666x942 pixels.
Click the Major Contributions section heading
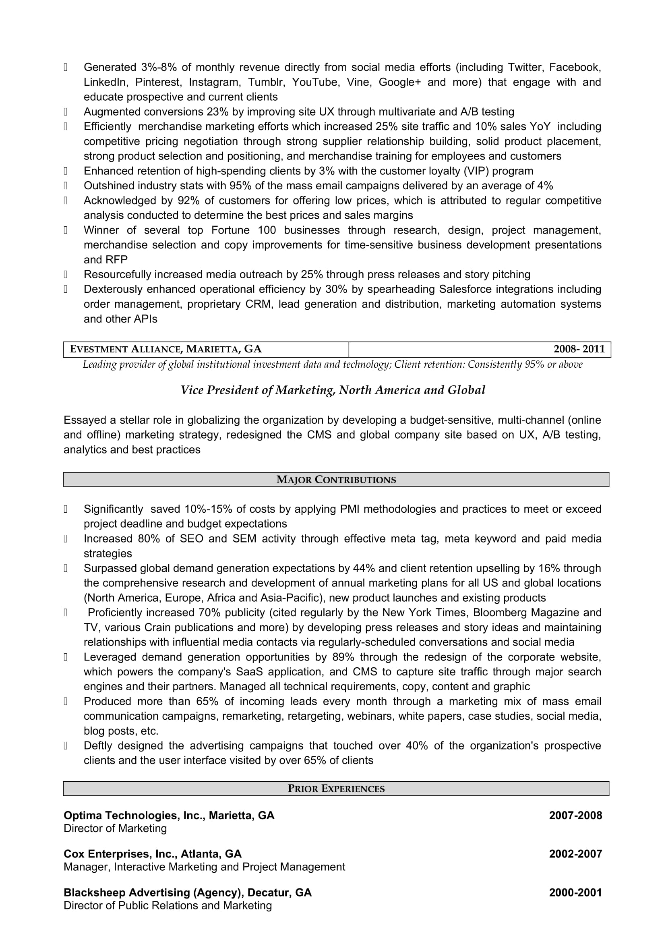pyautogui.click(x=336, y=480)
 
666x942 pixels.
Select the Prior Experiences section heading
pyautogui.click(x=336, y=789)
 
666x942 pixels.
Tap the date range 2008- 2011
pyautogui.click(x=579, y=349)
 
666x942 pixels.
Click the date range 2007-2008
pyautogui.click(x=575, y=816)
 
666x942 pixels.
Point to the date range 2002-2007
pyautogui.click(x=575, y=854)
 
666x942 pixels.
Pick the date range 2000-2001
pyautogui.click(x=575, y=893)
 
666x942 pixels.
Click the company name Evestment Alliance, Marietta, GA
pyautogui.click(x=165, y=349)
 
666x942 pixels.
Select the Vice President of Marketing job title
pyautogui.click(x=333, y=390)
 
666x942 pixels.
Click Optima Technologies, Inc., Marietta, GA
pyautogui.click(x=169, y=816)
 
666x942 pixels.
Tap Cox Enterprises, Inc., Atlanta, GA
pyautogui.click(x=153, y=854)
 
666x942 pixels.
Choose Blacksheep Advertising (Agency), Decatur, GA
pyautogui.click(x=187, y=893)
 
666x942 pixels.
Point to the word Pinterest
pyautogui.click(x=158, y=82)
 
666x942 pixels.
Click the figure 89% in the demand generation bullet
pyautogui.click(x=343, y=657)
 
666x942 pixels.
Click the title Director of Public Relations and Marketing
pyautogui.click(x=168, y=905)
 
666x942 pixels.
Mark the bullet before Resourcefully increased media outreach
pyautogui.click(x=66, y=275)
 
